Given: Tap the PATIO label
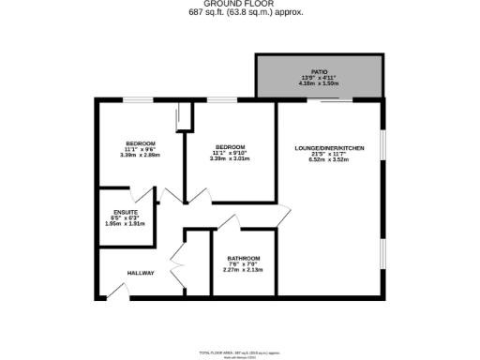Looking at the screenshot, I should (x=320, y=71).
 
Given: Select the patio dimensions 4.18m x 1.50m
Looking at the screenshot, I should (x=320, y=82).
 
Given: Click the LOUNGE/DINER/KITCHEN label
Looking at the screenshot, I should (x=328, y=148).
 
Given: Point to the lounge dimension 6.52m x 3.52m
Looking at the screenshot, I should (x=328, y=159).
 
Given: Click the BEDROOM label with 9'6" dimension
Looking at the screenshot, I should (x=141, y=143).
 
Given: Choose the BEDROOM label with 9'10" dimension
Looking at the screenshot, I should (x=230, y=147).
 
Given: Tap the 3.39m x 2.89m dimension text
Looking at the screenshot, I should (x=141, y=155).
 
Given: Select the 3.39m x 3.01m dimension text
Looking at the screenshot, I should (x=230, y=158).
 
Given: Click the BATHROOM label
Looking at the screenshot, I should (x=244, y=258).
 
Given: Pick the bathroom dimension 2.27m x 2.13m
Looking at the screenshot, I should (x=244, y=269).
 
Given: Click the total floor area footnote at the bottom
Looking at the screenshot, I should (x=241, y=351).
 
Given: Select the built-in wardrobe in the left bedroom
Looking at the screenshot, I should (x=184, y=118).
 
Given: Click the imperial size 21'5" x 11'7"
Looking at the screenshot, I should (x=328, y=154).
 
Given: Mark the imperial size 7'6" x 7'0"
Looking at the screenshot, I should (x=244, y=263).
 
